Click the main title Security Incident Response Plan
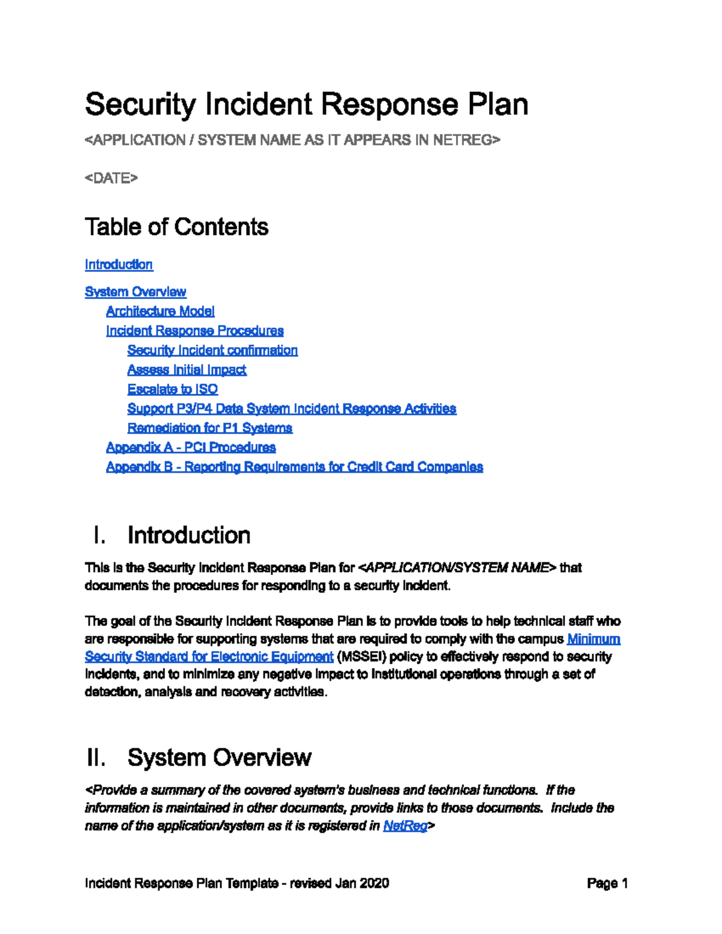(x=306, y=105)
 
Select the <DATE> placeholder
(x=111, y=178)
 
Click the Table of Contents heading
(x=176, y=227)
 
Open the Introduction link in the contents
(x=119, y=265)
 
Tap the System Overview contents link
(x=135, y=292)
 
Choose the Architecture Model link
(x=160, y=311)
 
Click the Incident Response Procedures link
(x=194, y=331)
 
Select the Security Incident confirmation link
(x=212, y=350)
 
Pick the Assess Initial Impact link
(x=187, y=370)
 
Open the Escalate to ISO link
(x=173, y=389)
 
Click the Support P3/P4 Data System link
(x=291, y=408)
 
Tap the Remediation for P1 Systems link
(x=209, y=428)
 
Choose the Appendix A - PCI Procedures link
(x=191, y=447)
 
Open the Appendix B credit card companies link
(x=294, y=467)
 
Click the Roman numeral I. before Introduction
(x=100, y=535)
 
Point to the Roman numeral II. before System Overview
(x=96, y=758)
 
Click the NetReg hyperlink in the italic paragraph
(x=405, y=826)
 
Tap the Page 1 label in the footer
(x=608, y=883)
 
